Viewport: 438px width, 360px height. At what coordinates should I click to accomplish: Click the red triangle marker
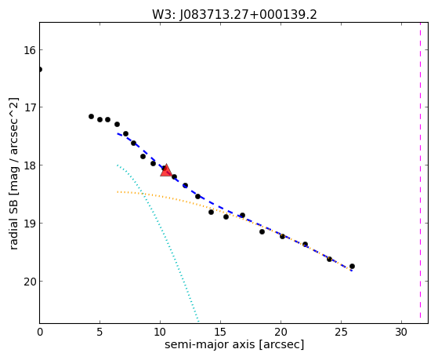click(166, 171)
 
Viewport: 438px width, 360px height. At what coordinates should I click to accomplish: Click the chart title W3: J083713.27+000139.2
click(234, 14)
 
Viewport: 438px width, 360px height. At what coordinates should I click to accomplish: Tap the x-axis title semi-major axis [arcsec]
click(234, 344)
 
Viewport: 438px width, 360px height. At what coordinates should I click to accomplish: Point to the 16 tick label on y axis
click(29, 50)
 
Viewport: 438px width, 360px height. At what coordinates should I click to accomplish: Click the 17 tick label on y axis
click(29, 107)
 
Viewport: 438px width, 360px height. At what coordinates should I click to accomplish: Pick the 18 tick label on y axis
click(29, 165)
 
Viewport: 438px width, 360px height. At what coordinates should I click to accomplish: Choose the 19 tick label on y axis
click(29, 224)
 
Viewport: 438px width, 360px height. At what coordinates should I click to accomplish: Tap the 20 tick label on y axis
click(29, 282)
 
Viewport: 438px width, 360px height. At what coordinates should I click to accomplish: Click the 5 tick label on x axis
click(100, 333)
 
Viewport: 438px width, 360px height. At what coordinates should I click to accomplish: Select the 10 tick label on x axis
click(160, 333)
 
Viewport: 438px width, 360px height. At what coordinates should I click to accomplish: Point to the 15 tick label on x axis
click(220, 333)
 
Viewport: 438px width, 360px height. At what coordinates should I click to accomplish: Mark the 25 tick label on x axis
click(341, 333)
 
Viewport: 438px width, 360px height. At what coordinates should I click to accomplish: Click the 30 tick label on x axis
click(401, 333)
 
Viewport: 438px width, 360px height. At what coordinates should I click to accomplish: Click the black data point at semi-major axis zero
click(40, 69)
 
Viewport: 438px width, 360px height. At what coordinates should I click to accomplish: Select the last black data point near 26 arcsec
click(352, 267)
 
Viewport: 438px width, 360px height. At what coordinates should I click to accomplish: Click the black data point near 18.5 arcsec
click(262, 231)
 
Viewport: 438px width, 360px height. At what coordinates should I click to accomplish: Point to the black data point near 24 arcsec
click(329, 259)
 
